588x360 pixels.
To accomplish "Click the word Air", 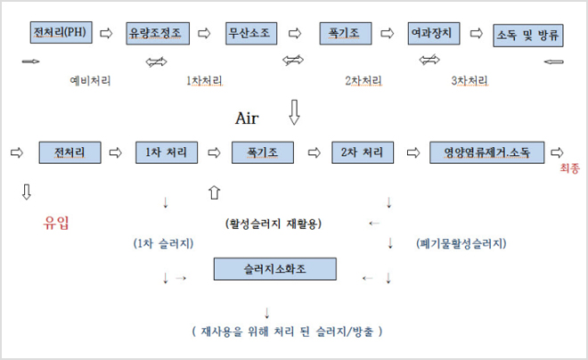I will coord(247,118).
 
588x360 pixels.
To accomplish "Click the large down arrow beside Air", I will coord(295,112).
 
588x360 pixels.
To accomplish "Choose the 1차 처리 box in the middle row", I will coord(166,152).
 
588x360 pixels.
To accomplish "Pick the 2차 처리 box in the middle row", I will coord(362,152).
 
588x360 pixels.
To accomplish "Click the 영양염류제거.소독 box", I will coord(486,152).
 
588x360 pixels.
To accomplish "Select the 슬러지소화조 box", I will coord(274,268).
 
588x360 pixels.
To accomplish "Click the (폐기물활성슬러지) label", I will coord(461,242).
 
